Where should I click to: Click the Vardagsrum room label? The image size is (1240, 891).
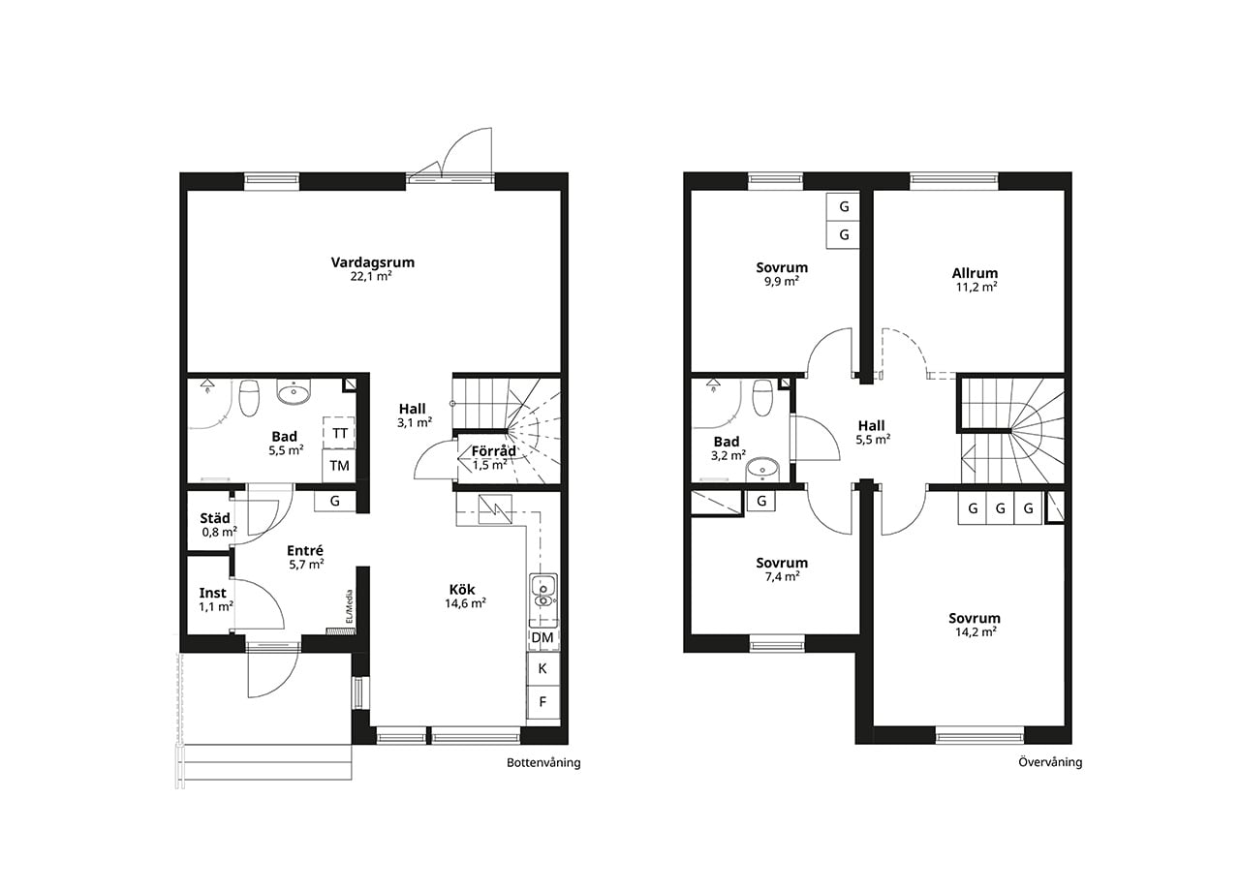click(x=373, y=262)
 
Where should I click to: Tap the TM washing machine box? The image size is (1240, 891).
click(x=339, y=466)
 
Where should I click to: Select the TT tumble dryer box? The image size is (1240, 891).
click(x=339, y=433)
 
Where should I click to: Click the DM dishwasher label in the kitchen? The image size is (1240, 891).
click(x=542, y=637)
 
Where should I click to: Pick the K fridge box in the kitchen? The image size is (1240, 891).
click(x=543, y=668)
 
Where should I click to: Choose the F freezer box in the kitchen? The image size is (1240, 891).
click(x=543, y=702)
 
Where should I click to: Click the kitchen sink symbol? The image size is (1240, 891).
click(x=543, y=591)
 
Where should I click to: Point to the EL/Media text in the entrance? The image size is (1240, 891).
click(x=350, y=606)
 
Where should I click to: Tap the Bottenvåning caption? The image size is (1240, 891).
click(x=543, y=762)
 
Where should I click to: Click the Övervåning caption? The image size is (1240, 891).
click(x=1050, y=762)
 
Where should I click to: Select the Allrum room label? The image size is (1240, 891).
click(x=975, y=273)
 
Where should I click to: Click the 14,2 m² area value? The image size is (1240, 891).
click(x=976, y=632)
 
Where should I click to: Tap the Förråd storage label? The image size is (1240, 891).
click(x=493, y=451)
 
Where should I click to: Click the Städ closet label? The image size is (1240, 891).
click(x=215, y=518)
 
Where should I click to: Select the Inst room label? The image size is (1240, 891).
click(x=212, y=593)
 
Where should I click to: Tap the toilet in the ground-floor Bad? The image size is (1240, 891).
click(x=249, y=397)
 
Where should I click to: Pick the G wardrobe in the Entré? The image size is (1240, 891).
click(x=335, y=502)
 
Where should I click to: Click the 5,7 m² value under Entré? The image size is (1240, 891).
click(x=306, y=565)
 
